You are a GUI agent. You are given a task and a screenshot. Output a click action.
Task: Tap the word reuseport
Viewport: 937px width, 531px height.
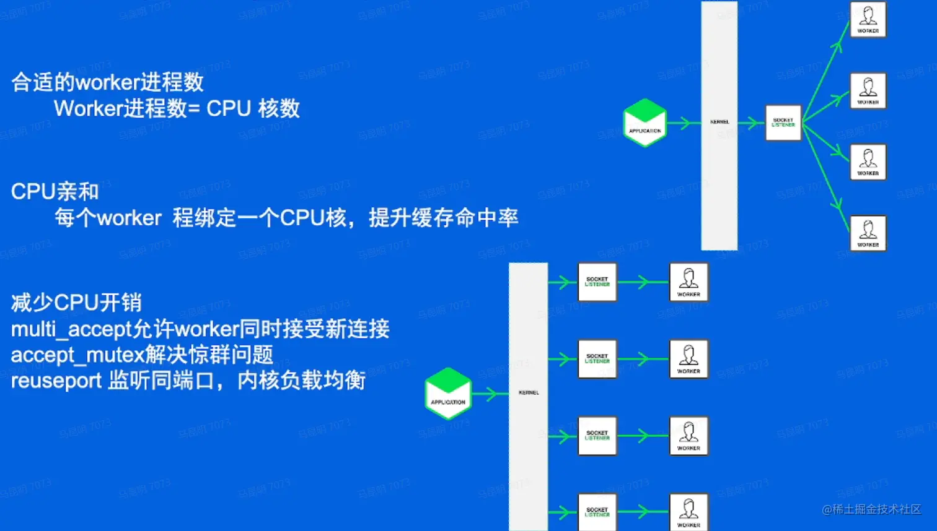coord(56,381)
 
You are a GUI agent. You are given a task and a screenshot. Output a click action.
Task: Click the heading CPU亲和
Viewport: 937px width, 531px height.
coord(55,192)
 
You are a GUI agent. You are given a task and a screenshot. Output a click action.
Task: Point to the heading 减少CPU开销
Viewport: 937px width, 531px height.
coord(76,303)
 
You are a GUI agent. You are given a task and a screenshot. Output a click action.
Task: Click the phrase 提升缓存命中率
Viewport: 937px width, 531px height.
coord(443,218)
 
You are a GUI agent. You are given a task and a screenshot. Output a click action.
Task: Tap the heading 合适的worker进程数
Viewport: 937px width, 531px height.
coord(107,82)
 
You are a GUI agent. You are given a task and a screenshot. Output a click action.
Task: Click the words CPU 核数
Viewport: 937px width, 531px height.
coord(253,109)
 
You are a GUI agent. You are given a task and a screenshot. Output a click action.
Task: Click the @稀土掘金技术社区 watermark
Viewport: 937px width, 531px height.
coord(871,509)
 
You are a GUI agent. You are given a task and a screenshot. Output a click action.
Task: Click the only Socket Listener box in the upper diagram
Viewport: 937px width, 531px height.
coord(783,123)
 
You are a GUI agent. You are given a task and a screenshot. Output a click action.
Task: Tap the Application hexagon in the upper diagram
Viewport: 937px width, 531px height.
coord(644,123)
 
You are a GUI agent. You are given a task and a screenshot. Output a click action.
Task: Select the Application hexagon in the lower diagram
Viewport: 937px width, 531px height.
coord(448,394)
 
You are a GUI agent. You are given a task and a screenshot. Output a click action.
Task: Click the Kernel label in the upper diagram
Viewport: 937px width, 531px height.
coord(719,122)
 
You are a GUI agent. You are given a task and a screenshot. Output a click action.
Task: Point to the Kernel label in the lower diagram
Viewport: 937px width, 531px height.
coord(529,392)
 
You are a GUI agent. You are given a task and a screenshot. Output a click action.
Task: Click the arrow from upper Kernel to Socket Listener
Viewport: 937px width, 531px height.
coord(751,123)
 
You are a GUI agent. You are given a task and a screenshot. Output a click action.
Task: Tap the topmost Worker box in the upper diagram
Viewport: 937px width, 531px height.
coord(868,20)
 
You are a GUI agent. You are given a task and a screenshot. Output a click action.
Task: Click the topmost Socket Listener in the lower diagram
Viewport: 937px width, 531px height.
coord(597,282)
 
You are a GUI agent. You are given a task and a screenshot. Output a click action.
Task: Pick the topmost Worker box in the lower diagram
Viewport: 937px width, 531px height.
coord(688,282)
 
